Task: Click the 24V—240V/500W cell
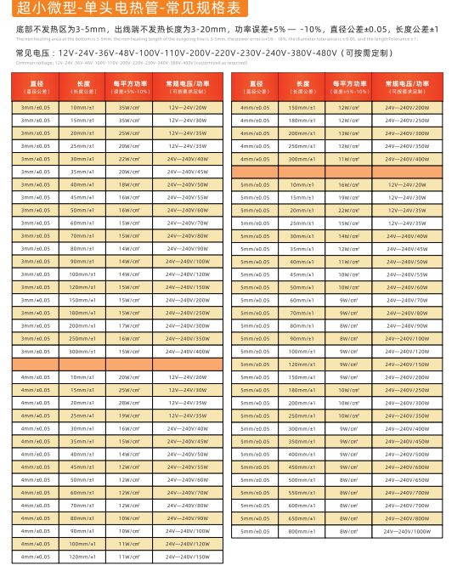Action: click(x=407, y=454)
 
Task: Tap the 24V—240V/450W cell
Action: click(x=407, y=441)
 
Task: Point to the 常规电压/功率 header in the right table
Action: click(x=407, y=87)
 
